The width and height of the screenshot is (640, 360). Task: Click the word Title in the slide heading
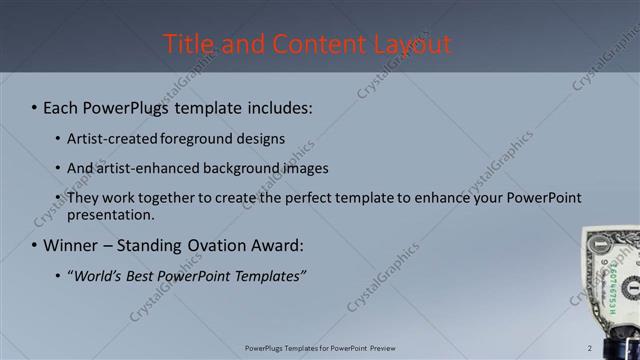186,44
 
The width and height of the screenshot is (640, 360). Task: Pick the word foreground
211,138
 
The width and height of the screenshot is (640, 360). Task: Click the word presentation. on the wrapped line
111,214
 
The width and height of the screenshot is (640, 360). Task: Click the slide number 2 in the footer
590,348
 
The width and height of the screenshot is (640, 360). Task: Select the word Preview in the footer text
379,348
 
